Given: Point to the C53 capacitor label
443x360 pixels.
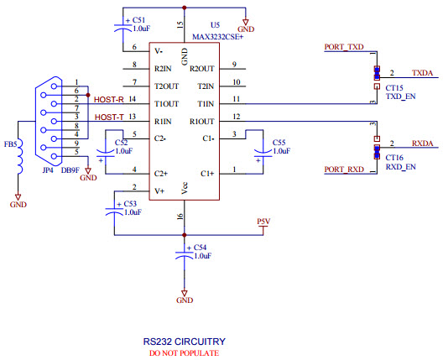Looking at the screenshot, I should (x=130, y=203).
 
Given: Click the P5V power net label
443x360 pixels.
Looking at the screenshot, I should (x=263, y=222).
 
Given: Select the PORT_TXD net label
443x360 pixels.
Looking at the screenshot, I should (x=344, y=48).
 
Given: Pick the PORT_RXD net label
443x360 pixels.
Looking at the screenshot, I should (x=344, y=170).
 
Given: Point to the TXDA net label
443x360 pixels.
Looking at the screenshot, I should (x=422, y=74).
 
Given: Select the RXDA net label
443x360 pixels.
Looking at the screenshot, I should (x=422, y=143).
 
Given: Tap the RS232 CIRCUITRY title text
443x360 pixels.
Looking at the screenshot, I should (x=183, y=342).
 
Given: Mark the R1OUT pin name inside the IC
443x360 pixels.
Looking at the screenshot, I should (x=201, y=122).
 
